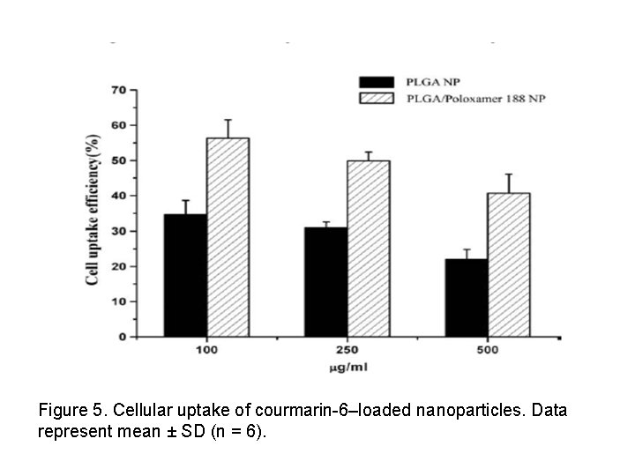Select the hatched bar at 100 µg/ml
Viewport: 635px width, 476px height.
pos(228,237)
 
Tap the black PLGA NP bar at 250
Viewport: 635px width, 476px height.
pos(325,281)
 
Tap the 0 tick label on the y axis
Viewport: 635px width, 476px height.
pos(121,337)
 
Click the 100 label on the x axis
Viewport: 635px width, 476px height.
pos(206,350)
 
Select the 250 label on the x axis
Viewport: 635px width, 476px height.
pos(347,350)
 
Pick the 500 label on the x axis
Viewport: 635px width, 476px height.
pos(488,350)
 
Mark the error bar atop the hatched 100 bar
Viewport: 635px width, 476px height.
pos(228,129)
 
